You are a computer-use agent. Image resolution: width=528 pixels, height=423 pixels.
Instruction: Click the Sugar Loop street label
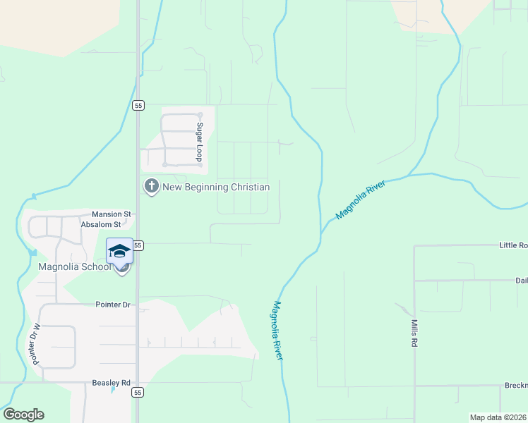pos(200,142)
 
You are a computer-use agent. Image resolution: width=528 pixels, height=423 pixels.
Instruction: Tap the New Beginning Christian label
pos(216,187)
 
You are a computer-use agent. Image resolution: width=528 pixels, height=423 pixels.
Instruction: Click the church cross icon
pos(151,187)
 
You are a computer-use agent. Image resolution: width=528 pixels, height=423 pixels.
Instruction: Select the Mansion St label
pos(112,214)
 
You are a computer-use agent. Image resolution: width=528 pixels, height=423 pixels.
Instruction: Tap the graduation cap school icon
pos(119,251)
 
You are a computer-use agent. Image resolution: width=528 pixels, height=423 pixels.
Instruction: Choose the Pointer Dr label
pos(114,305)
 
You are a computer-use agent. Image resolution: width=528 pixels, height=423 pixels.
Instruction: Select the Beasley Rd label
pos(112,383)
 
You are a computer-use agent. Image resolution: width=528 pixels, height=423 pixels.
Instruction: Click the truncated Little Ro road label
pos(513,245)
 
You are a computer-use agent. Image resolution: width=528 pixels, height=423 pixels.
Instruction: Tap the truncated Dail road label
pos(522,280)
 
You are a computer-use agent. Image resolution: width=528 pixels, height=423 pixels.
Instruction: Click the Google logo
pos(23,415)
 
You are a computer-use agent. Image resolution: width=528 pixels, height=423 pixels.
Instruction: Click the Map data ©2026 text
pos(498,417)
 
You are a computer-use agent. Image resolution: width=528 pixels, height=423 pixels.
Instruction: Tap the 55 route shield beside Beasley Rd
pos(138,392)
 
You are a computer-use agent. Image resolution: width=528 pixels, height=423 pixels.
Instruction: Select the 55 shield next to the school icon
pos(138,245)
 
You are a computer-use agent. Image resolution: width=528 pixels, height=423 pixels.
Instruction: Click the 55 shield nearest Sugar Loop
pos(138,105)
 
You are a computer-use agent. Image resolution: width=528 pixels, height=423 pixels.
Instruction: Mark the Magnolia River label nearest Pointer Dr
pos(277,331)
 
